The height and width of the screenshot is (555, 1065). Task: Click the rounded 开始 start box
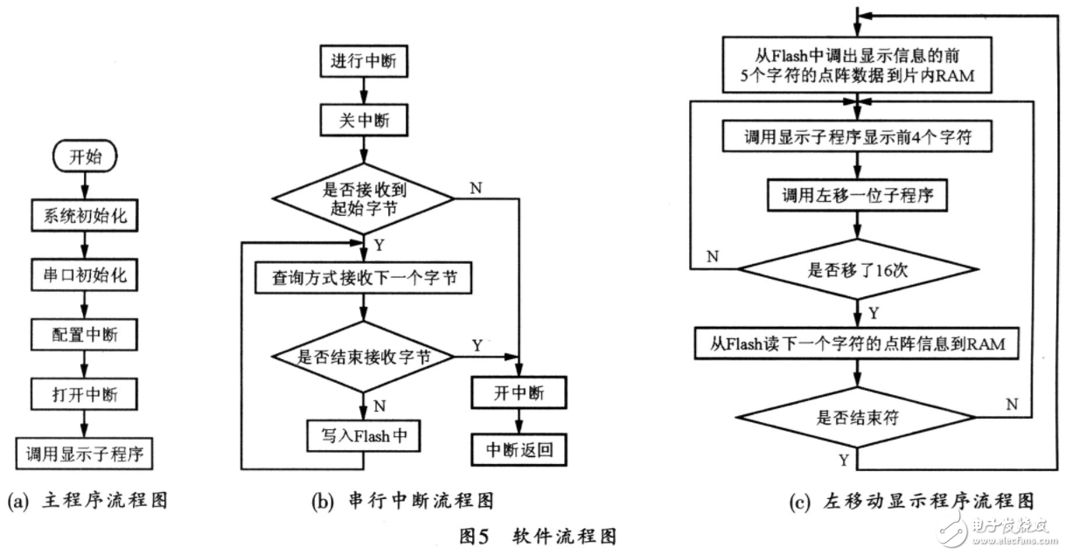click(x=85, y=157)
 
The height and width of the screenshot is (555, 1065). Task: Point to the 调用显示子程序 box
click(x=85, y=453)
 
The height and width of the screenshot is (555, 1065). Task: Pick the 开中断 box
click(x=519, y=393)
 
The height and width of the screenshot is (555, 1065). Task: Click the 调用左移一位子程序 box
click(x=858, y=196)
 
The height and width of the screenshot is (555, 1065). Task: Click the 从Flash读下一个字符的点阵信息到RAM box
click(x=858, y=343)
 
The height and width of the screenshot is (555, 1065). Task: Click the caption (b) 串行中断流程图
click(x=403, y=501)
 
